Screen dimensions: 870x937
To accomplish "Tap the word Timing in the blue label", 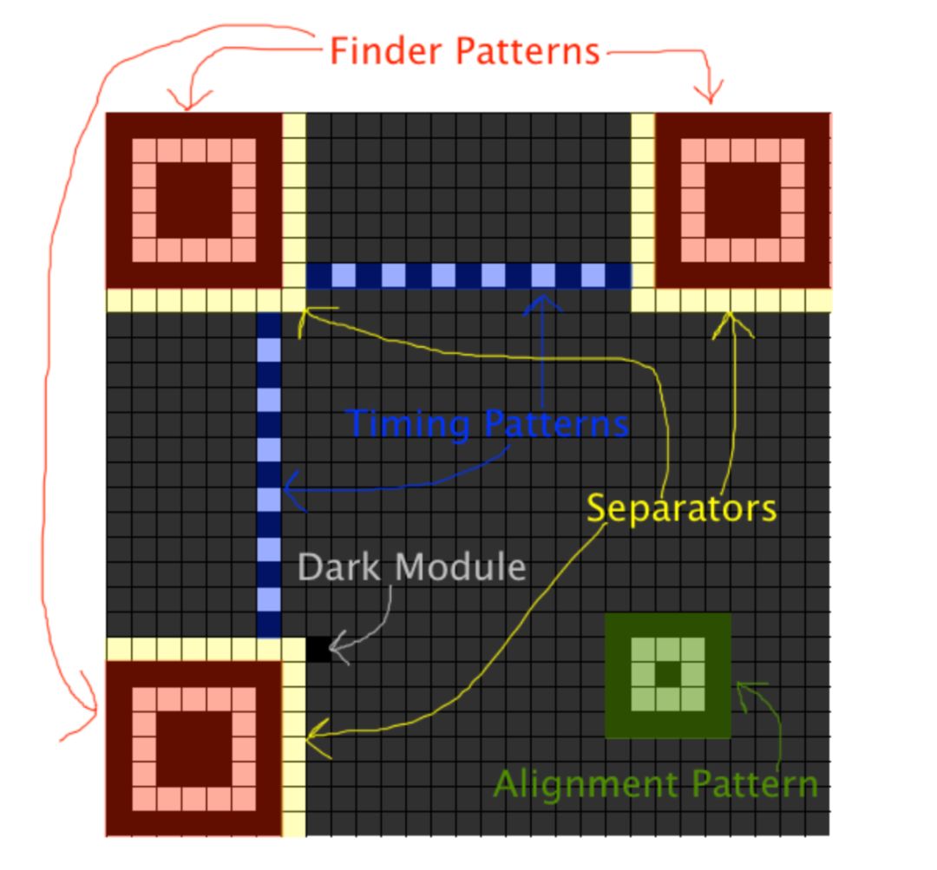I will point(410,424).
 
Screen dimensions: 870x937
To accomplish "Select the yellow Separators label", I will point(681,507).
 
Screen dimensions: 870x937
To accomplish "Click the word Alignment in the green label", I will point(575,784).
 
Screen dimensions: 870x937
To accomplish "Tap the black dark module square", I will point(318,649).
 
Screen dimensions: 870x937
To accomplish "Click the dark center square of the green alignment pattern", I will point(668,674).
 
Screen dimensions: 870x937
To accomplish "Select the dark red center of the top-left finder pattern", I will point(194,200).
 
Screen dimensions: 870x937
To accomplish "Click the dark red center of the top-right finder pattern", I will point(744,200).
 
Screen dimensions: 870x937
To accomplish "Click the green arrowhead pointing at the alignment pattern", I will point(743,686).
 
